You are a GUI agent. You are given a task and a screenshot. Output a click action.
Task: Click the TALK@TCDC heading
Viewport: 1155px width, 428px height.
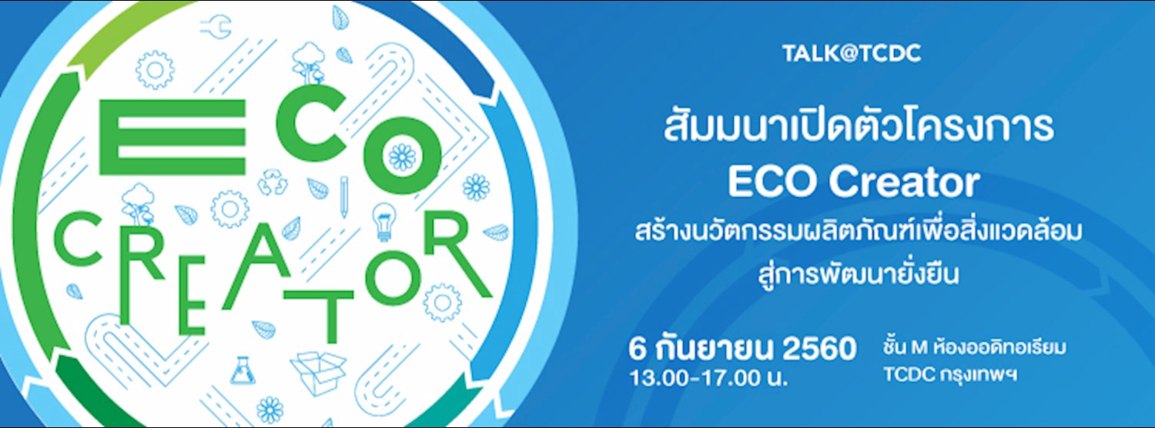click(852, 53)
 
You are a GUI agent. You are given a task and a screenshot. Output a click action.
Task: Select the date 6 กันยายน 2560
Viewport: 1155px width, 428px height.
click(742, 349)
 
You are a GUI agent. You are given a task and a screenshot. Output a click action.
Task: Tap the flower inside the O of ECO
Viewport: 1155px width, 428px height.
click(402, 157)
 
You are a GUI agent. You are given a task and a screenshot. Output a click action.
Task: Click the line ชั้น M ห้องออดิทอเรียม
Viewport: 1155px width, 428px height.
click(974, 348)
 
